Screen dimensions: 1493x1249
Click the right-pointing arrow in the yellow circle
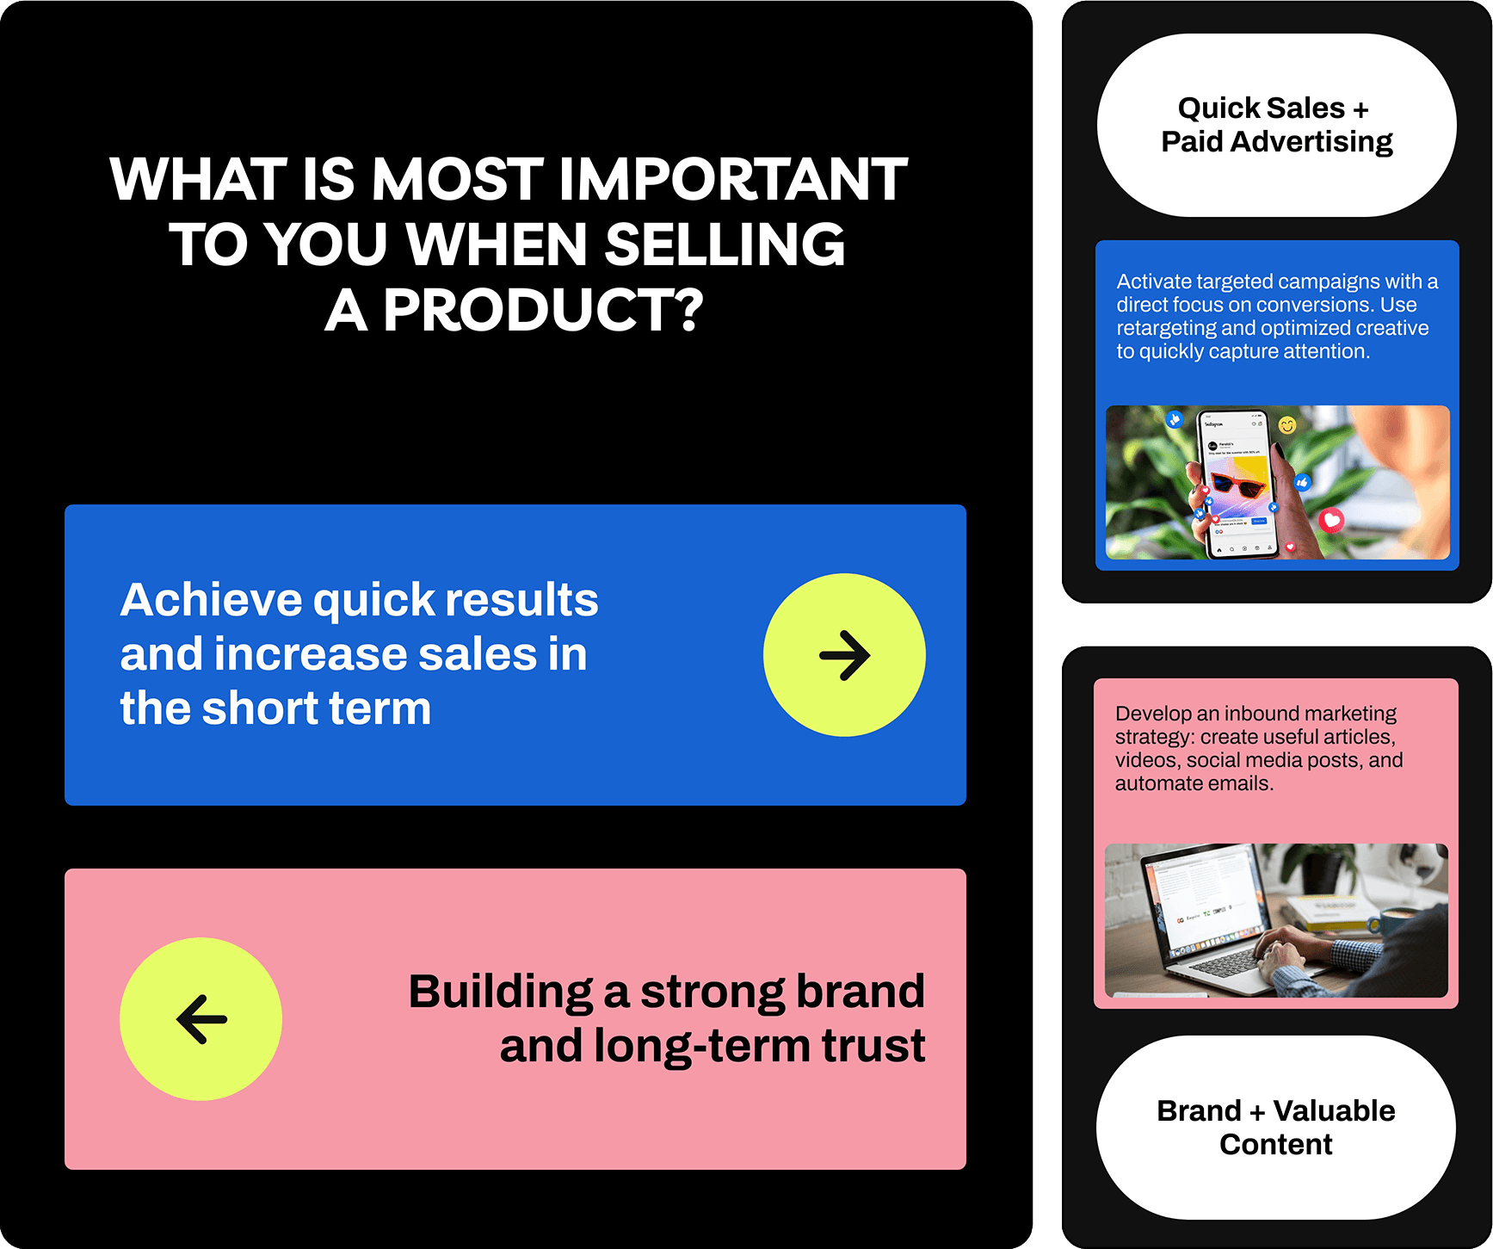[x=844, y=655]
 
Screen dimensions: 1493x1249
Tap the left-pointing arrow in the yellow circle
[x=201, y=1019]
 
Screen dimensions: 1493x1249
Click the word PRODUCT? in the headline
[x=543, y=310]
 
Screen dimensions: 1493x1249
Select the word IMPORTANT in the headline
[x=733, y=179]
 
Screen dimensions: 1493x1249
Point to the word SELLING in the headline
[x=725, y=244]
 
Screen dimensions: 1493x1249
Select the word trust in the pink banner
[x=873, y=1046]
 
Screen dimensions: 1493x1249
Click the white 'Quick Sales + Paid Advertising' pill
[x=1276, y=125]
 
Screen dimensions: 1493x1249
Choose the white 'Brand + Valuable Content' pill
[x=1276, y=1128]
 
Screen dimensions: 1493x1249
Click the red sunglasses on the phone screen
[x=1238, y=485]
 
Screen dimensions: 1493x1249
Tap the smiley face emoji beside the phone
[x=1287, y=424]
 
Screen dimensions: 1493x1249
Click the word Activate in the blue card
[x=1154, y=281]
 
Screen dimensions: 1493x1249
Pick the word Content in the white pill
[x=1276, y=1145]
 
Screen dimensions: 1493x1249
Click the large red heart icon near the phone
[x=1332, y=520]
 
